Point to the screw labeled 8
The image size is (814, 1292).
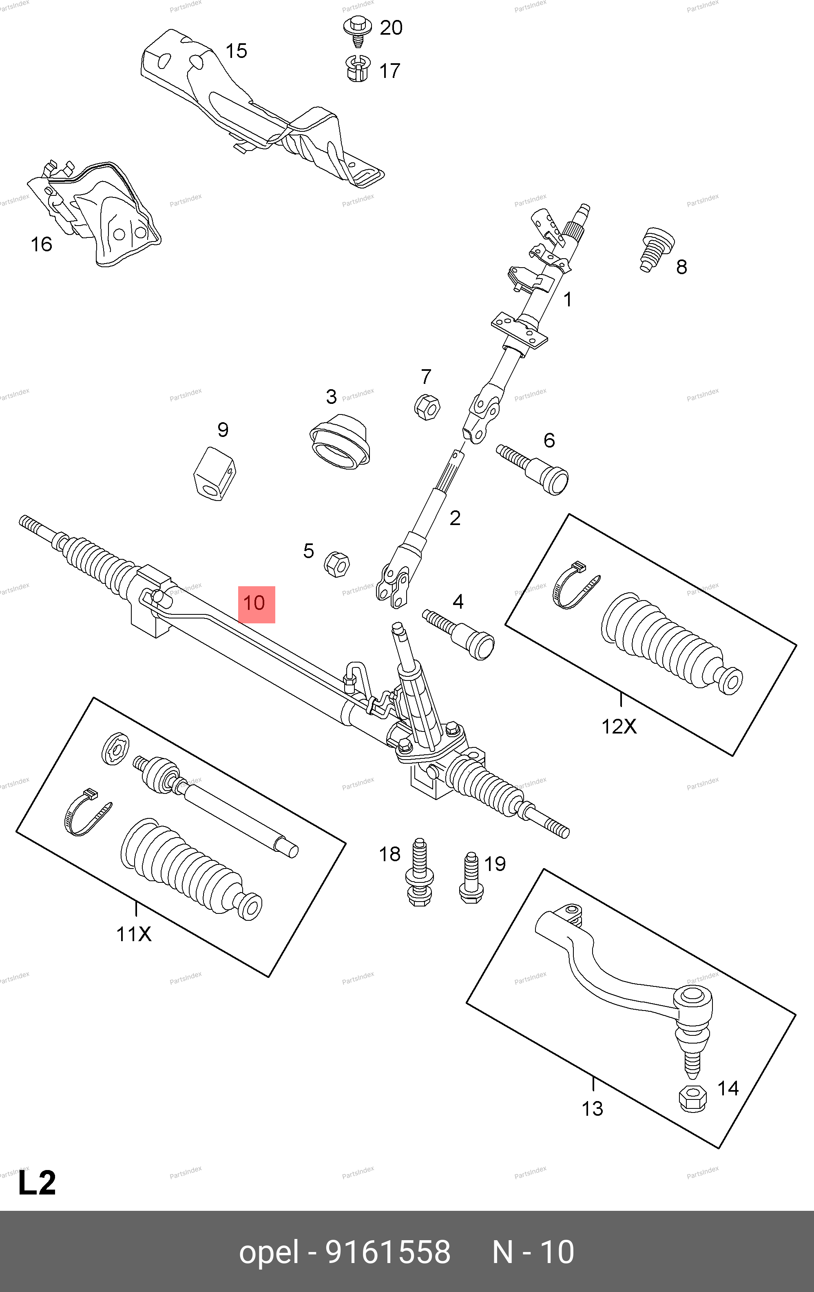click(656, 250)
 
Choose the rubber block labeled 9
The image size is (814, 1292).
click(214, 473)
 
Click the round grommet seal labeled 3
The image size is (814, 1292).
click(340, 441)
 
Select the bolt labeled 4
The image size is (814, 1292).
click(460, 634)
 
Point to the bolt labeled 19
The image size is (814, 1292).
click(471, 878)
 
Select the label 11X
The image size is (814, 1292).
click(134, 934)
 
